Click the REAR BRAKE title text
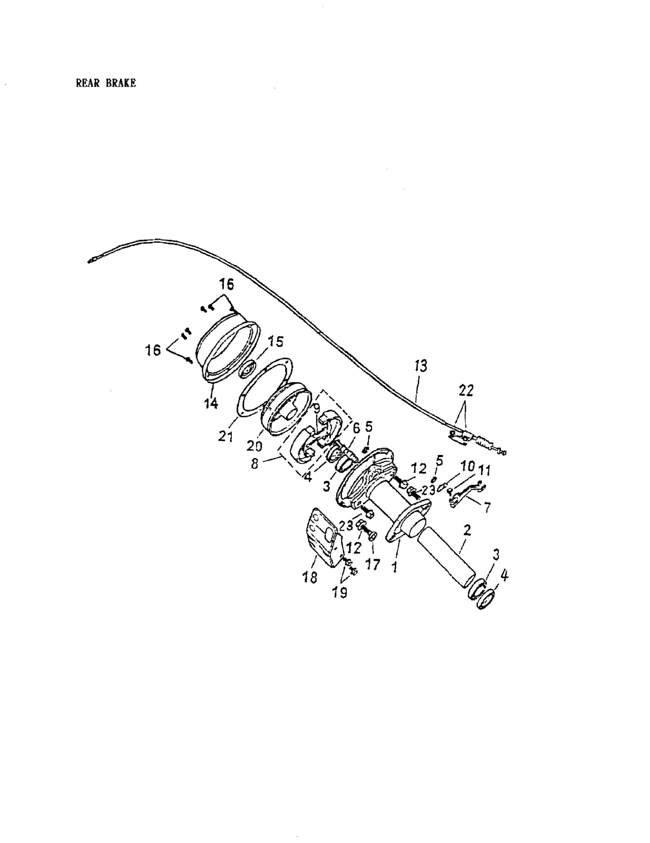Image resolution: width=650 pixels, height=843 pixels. (x=106, y=83)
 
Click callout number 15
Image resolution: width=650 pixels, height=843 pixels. (x=276, y=342)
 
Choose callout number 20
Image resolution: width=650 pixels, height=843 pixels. (x=254, y=446)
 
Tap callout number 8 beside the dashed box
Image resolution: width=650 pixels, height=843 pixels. (x=255, y=464)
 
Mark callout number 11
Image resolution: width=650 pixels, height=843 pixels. (x=484, y=471)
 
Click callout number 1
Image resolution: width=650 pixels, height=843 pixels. (x=394, y=567)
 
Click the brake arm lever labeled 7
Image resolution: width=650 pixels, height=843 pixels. (x=465, y=494)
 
